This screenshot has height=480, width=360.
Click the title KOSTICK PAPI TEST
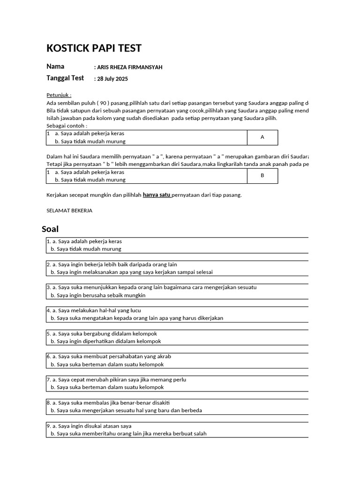(94, 48)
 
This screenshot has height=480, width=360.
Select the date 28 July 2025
(112, 79)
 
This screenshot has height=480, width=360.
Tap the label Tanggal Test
(65, 78)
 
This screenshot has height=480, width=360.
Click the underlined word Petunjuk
(59, 95)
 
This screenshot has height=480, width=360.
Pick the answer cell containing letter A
(262, 137)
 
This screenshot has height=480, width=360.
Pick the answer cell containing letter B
(262, 176)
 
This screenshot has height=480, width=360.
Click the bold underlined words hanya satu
(157, 195)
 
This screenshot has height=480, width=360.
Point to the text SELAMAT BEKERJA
(69, 210)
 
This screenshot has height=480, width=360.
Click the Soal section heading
(50, 229)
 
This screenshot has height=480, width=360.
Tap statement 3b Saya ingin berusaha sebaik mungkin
(101, 295)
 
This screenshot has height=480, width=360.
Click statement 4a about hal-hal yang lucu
(97, 310)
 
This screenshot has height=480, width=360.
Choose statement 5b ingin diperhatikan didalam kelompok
(108, 341)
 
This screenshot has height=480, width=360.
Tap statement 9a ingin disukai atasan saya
(92, 426)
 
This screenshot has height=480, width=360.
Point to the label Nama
(55, 67)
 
